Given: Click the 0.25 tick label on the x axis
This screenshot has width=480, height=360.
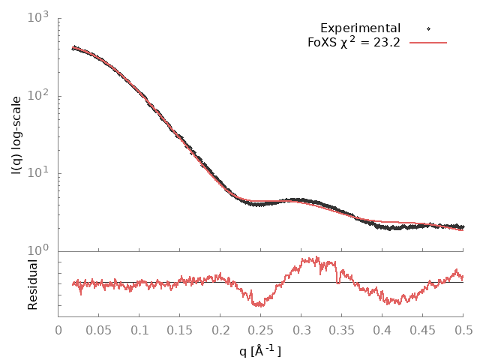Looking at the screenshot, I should coord(261,330).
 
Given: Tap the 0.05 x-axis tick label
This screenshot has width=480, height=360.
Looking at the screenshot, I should coord(99,330).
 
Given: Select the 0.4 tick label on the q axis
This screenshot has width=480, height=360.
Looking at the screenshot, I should coord(382,330).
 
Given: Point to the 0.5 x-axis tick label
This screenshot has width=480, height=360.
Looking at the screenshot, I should coord(463,330).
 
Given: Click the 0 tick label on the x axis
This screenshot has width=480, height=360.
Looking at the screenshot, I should coord(58,330).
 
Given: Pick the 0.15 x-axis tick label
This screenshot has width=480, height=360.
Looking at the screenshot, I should coord(180,330).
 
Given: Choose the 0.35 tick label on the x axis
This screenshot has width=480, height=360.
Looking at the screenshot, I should coord(342,330).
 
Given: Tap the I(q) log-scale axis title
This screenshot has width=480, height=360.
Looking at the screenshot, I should coord(17,135).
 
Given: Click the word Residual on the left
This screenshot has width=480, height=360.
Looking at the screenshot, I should coord(32,284).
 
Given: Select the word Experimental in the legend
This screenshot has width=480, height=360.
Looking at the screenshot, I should coord(360,28).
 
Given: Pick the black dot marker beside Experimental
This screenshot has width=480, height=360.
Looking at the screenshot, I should coord(428,28).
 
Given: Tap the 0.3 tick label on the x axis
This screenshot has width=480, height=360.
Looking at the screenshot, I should coord(301,330).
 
